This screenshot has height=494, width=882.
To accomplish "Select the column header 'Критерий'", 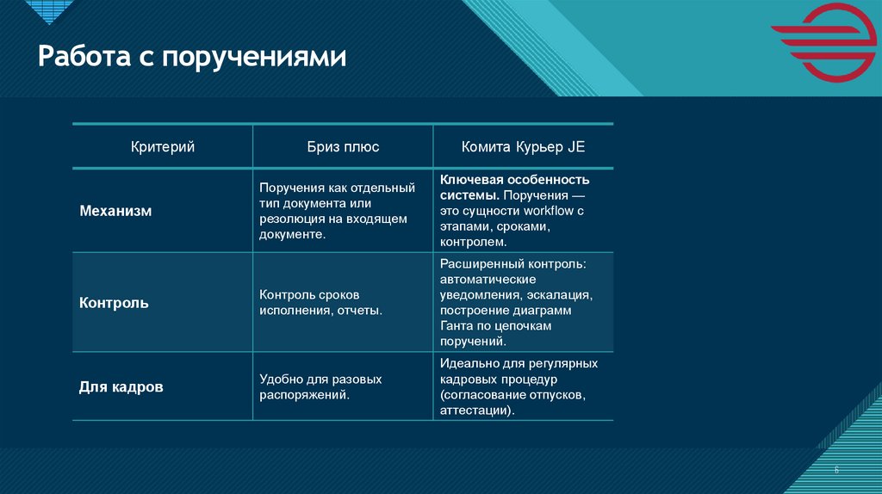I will pyautogui.click(x=162, y=147).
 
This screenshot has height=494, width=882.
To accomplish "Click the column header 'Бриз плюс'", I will pyautogui.click(x=343, y=147).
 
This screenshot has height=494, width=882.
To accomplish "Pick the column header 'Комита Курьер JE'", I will pyautogui.click(x=523, y=147).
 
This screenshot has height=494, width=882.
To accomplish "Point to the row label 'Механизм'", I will pyautogui.click(x=115, y=211).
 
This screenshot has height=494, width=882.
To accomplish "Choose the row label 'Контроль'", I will pyautogui.click(x=114, y=303).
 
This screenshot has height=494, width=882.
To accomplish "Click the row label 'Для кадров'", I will pyautogui.click(x=121, y=387).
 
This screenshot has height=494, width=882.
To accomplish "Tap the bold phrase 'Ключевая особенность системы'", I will pyautogui.click(x=513, y=187).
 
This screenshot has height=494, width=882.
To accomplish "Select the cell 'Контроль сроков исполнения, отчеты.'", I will pyautogui.click(x=320, y=302).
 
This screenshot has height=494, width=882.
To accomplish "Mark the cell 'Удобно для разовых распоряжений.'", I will pyautogui.click(x=320, y=387).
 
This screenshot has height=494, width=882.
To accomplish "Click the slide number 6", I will pyautogui.click(x=835, y=469).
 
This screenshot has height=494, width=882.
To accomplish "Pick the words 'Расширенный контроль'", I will pyautogui.click(x=512, y=263).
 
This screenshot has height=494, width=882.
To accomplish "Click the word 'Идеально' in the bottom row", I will pyautogui.click(x=466, y=363).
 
